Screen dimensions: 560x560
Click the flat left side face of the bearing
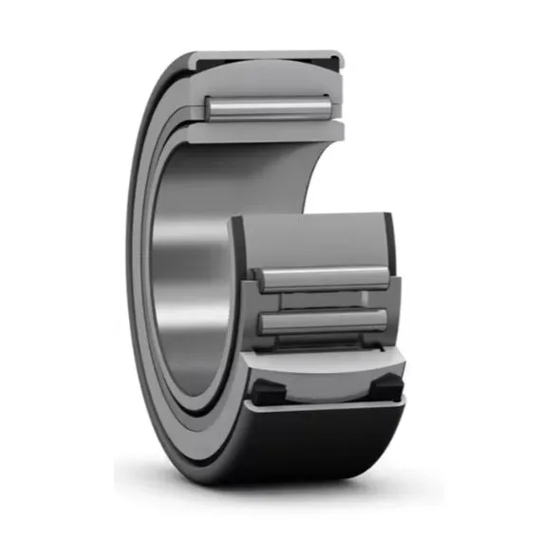(142, 275)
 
